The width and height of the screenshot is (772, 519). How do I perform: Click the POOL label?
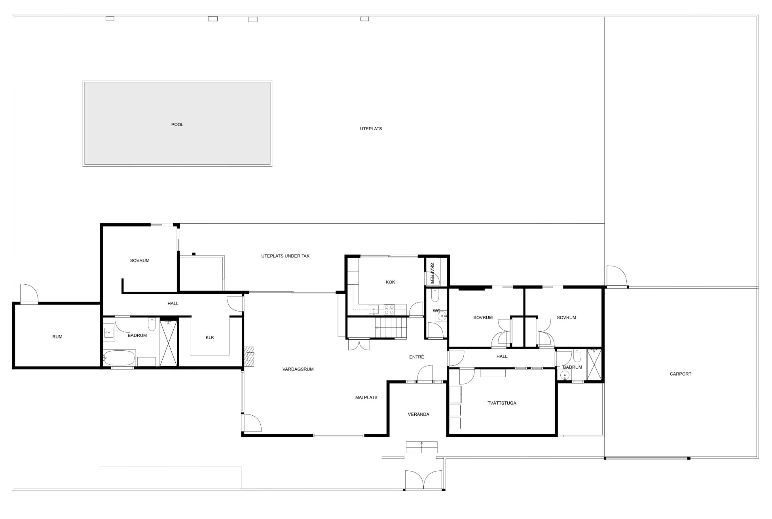pyautogui.click(x=177, y=125)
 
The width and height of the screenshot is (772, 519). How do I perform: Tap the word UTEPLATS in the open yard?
pyautogui.click(x=371, y=129)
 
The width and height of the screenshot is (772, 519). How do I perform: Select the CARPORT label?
pyautogui.click(x=680, y=374)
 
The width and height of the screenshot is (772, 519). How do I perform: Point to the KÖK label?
pyautogui.click(x=390, y=282)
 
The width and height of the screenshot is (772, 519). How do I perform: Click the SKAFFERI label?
pyautogui.click(x=432, y=274)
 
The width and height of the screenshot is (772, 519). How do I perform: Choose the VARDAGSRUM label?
pyautogui.click(x=298, y=369)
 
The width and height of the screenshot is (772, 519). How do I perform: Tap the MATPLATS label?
pyautogui.click(x=366, y=397)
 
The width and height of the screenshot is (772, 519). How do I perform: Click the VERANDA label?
pyautogui.click(x=418, y=414)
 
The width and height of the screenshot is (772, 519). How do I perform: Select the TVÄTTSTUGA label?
pyautogui.click(x=502, y=403)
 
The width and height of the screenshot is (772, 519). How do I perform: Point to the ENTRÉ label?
pyautogui.click(x=416, y=357)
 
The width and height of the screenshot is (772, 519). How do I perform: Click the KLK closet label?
pyautogui.click(x=210, y=338)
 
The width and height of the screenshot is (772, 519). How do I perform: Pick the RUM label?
pyautogui.click(x=57, y=337)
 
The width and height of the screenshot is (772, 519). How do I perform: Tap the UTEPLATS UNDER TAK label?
pyautogui.click(x=285, y=256)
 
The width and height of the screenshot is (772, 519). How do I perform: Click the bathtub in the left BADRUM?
pyautogui.click(x=119, y=358)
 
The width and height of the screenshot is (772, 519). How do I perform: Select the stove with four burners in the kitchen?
pyautogui.click(x=389, y=310)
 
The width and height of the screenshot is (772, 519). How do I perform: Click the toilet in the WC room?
pyautogui.click(x=435, y=295)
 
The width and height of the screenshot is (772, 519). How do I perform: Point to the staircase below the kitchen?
pyautogui.click(x=391, y=328)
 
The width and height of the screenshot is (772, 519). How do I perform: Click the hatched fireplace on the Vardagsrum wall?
pyautogui.click(x=248, y=357)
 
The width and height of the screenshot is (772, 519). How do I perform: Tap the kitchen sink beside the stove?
pyautogui.click(x=374, y=310)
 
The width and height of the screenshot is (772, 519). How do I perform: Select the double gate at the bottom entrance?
pyautogui.click(x=423, y=480)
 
